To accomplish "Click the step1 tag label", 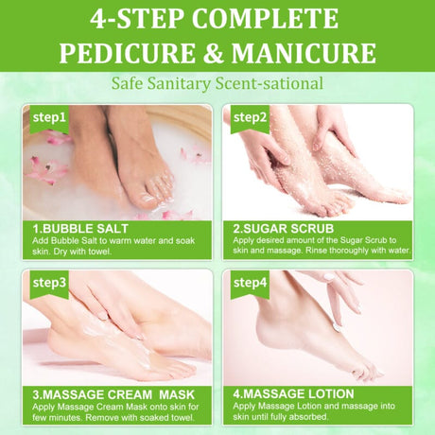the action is [x=49, y=118].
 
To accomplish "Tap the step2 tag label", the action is [x=250, y=118].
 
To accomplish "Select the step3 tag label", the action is [x=49, y=283].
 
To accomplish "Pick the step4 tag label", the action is [x=250, y=283].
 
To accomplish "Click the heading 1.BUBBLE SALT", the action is [x=80, y=229].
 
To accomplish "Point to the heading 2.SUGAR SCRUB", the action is [x=284, y=229].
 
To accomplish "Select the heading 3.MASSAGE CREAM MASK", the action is [x=113, y=394].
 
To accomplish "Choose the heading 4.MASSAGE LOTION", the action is [x=293, y=394].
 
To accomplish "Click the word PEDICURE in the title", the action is [x=127, y=53].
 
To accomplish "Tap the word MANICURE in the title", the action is [x=304, y=53].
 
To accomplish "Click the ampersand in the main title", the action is [x=213, y=53].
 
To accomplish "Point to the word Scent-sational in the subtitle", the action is [x=270, y=84].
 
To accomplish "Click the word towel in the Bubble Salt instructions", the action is [x=100, y=252].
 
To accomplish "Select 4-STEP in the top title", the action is [x=138, y=19].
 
